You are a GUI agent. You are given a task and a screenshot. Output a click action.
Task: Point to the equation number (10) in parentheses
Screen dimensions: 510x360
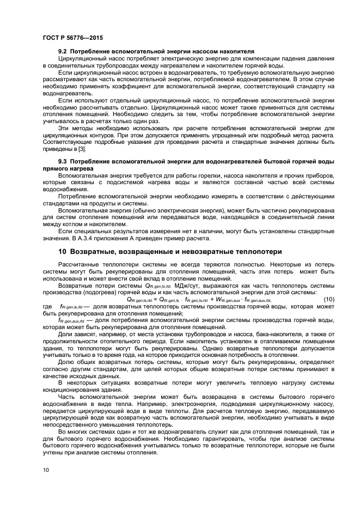[328, 300]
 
